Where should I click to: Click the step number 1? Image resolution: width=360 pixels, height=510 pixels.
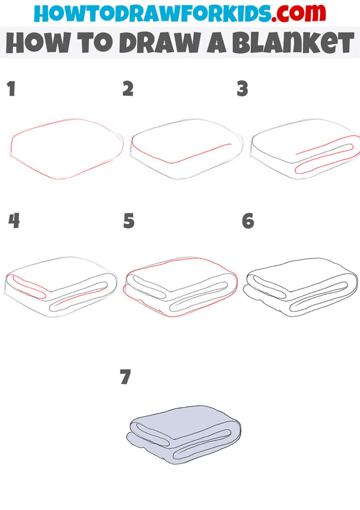click(x=12, y=89)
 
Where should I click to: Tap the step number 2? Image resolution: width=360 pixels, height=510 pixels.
click(x=127, y=89)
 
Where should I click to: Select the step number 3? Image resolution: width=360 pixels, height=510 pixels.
click(x=242, y=89)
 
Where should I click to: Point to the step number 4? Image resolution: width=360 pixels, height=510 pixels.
click(x=14, y=221)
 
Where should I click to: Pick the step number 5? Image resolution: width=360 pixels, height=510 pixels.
click(x=128, y=221)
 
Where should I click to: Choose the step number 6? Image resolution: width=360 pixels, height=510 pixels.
click(x=248, y=221)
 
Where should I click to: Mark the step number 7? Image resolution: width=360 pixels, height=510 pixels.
click(x=126, y=377)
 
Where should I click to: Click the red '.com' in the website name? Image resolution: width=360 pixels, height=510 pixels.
click(x=299, y=14)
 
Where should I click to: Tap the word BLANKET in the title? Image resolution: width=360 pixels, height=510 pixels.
click(x=293, y=43)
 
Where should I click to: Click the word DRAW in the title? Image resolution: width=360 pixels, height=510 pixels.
click(x=161, y=43)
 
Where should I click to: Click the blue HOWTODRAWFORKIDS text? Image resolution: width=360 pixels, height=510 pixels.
click(x=152, y=14)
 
